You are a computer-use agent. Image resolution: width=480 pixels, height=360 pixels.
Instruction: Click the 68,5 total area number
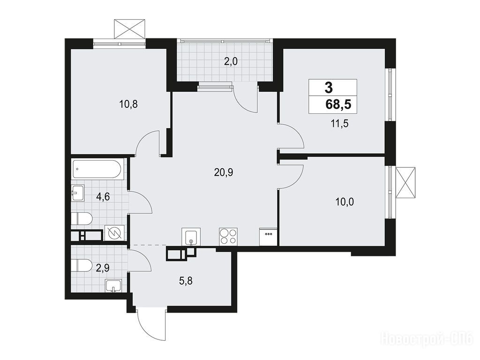[338, 105]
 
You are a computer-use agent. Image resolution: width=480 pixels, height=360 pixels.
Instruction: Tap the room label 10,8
[128, 105]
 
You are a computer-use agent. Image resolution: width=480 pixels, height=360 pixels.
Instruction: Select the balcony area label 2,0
[231, 62]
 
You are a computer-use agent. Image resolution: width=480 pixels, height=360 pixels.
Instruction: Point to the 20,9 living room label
[224, 173]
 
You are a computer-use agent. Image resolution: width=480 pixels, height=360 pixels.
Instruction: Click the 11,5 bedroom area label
[339, 124]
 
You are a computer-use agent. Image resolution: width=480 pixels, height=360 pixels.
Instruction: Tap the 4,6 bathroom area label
[103, 196]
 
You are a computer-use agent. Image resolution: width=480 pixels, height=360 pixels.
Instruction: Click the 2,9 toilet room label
[103, 268]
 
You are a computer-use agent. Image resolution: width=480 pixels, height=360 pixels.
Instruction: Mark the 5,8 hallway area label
[186, 280]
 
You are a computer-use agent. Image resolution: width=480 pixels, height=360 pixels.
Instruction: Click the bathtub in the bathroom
[97, 169]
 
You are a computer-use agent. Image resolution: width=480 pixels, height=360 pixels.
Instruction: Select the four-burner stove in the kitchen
[228, 237]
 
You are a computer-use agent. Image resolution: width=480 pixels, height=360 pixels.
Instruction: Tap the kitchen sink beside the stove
[191, 237]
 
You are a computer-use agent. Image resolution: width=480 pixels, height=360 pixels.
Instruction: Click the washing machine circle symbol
[114, 233]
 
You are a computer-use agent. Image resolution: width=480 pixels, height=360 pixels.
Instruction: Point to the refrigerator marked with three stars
[269, 237]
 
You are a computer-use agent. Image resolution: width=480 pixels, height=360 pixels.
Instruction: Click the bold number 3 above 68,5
[329, 88]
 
